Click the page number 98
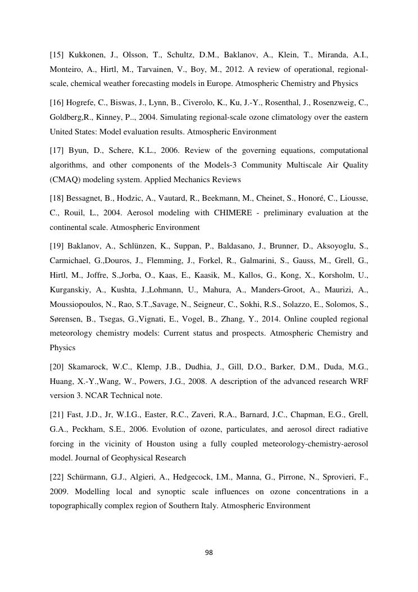click(x=209, y=553)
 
